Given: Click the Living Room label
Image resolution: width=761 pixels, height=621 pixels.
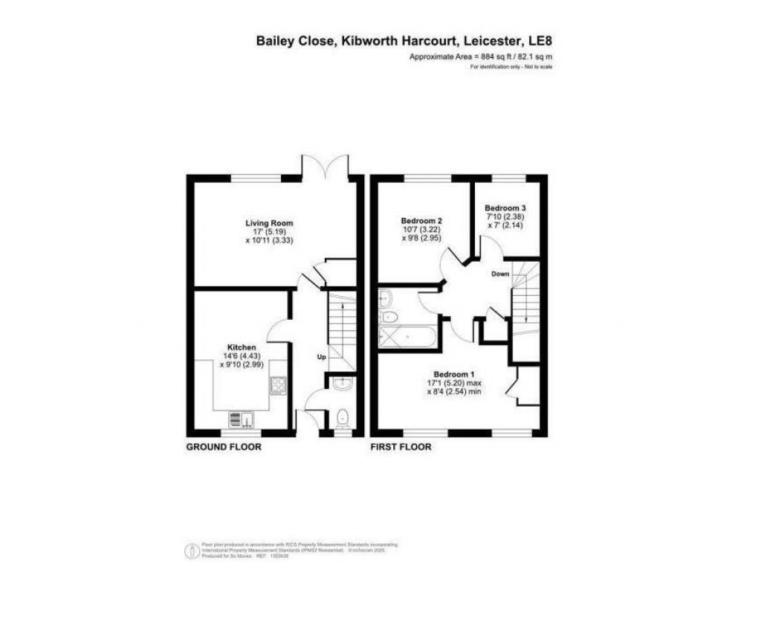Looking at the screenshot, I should pyautogui.click(x=269, y=222).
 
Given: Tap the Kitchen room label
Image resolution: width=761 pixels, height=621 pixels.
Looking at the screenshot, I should pyautogui.click(x=242, y=347).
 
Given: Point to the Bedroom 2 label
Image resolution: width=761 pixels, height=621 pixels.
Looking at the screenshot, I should pyautogui.click(x=421, y=221).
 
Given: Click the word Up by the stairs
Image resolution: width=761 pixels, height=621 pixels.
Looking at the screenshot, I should pyautogui.click(x=322, y=358).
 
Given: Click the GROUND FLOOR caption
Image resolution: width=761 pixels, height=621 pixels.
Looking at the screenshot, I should pyautogui.click(x=223, y=447).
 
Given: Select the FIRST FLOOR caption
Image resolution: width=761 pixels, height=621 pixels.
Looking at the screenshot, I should pyautogui.click(x=401, y=447).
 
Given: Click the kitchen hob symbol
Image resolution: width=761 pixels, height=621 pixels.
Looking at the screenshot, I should pyautogui.click(x=278, y=385).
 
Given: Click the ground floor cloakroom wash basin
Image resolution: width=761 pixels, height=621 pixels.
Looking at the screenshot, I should pyautogui.click(x=341, y=384).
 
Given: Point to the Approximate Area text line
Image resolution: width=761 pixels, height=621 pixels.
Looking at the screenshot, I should pyautogui.click(x=481, y=57).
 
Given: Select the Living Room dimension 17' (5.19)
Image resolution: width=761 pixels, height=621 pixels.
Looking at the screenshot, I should pyautogui.click(x=269, y=231).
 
